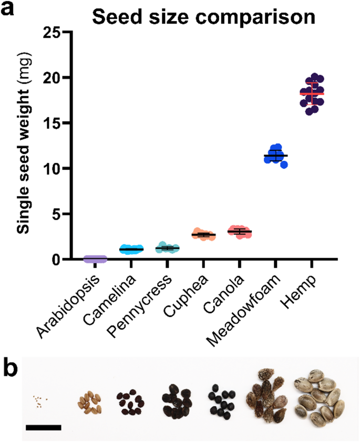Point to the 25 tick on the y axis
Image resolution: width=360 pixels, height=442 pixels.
[50, 32]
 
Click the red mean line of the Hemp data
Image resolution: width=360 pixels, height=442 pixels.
[312, 94]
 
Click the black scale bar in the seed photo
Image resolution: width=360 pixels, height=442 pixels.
[44, 427]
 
